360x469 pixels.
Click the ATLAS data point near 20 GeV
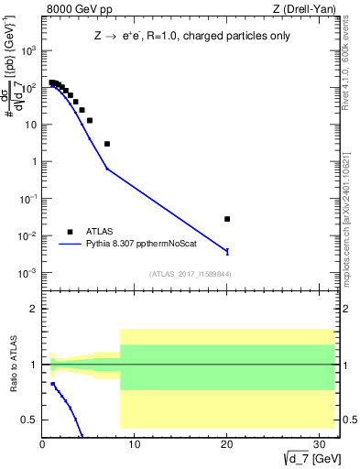[227, 219]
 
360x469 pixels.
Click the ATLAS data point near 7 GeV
[107, 144]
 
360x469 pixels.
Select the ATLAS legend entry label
[102, 232]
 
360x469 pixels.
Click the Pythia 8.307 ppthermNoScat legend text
[141, 245]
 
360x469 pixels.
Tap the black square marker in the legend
[70, 232]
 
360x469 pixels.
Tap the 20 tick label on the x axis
[226, 445]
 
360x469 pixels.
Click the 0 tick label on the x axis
[43, 445]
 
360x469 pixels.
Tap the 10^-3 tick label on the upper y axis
[27, 273]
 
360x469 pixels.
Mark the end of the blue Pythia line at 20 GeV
[227, 251]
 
